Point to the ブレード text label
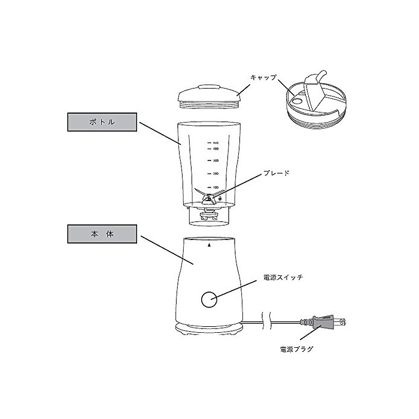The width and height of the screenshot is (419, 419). click(277, 173)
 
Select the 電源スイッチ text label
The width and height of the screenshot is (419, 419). click(283, 278)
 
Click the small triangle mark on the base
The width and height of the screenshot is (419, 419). click(209, 245)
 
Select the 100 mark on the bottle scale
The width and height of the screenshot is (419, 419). click(215, 187)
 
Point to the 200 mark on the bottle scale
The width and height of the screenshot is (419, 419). click(215, 174)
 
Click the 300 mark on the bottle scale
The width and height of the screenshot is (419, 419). click(215, 161)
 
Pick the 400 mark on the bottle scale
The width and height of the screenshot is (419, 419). click(215, 148)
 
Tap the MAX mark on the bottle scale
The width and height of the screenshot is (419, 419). click(215, 143)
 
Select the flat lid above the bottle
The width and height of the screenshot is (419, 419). click(209, 96)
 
